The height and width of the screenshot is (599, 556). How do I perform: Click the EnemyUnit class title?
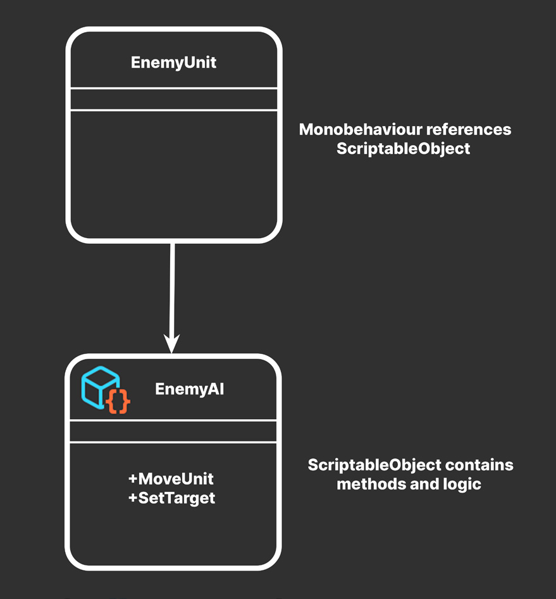pyautogui.click(x=173, y=63)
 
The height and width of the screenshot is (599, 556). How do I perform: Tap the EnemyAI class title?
pyautogui.click(x=189, y=389)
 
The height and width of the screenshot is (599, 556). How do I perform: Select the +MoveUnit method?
pyautogui.click(x=171, y=479)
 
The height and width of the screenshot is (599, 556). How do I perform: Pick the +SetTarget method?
pyautogui.click(x=171, y=498)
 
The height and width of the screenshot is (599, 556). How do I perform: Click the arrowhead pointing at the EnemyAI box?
pyautogui.click(x=171, y=343)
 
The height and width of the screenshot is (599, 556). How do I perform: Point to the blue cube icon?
pyautogui.click(x=100, y=387)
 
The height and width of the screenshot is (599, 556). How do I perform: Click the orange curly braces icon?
pyautogui.click(x=118, y=401)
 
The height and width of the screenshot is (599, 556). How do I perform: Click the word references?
pyautogui.click(x=469, y=130)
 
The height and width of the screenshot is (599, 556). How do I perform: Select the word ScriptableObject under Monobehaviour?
pyautogui.click(x=404, y=149)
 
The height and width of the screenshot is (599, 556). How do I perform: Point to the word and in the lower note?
pyautogui.click(x=424, y=484)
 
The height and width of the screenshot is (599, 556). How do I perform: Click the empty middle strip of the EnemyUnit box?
pyautogui.click(x=174, y=99)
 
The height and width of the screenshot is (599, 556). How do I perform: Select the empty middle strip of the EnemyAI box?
pyautogui.click(x=173, y=431)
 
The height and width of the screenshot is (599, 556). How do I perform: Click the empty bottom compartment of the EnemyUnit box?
pyautogui.click(x=174, y=174)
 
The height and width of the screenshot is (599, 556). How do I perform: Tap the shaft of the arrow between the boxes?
pyautogui.click(x=172, y=289)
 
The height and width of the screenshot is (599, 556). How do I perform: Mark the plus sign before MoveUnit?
pyautogui.click(x=133, y=479)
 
